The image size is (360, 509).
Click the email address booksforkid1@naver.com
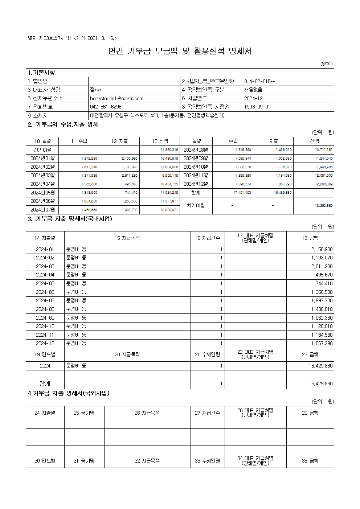pyautogui.click(x=116, y=98)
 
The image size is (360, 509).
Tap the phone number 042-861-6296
pyautogui.click(x=106, y=107)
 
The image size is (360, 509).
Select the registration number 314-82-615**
pyautogui.click(x=259, y=81)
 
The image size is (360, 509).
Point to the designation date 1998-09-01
pyautogui.click(x=257, y=107)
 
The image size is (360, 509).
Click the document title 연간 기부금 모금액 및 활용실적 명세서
pyautogui.click(x=180, y=51)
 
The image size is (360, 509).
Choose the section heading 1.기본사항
pyautogui.click(x=41, y=73)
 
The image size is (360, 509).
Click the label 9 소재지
pyautogui.click(x=38, y=116)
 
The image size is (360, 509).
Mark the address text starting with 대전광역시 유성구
pyautogui.click(x=157, y=116)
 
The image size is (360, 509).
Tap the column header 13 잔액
pyautogui.click(x=160, y=141)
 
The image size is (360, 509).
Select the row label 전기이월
pyautogui.click(x=42, y=150)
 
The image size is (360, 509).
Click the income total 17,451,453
pyautogui.click(x=242, y=193)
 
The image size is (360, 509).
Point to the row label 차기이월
pyautogui.click(x=196, y=205)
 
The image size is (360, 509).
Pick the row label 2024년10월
pyautogui.click(x=196, y=167)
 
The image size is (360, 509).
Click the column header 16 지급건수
pyautogui.click(x=207, y=238)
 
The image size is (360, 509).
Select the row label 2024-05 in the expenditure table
pyautogui.click(x=45, y=283)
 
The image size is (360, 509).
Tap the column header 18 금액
pyautogui.click(x=310, y=238)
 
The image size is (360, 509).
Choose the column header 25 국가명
pyautogui.click(x=84, y=413)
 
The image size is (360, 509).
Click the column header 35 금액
pyautogui.click(x=310, y=461)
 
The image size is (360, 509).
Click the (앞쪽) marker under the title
pyautogui.click(x=326, y=64)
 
